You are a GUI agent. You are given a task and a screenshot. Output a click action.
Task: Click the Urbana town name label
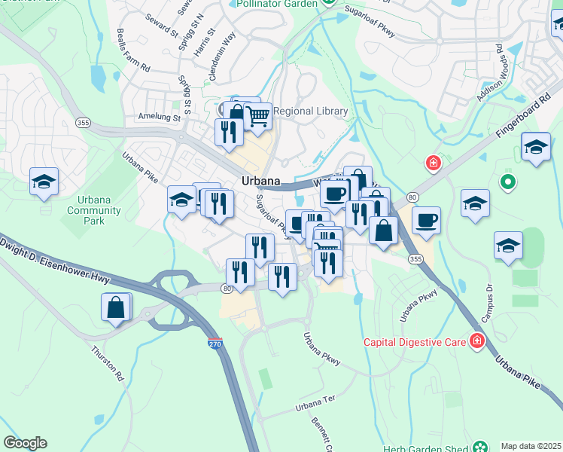pos(261,182)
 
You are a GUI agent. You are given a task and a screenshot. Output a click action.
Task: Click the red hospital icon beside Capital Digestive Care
pos(476,342)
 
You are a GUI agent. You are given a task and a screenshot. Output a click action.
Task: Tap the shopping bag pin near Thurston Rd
pos(116,307)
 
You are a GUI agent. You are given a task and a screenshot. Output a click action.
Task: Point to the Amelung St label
pos(160,118)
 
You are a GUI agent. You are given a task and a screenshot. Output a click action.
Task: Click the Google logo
pos(25,443)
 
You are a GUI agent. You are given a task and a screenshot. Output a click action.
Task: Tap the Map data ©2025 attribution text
pos(531,446)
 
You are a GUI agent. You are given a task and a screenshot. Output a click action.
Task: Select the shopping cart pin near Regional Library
pos(258,117)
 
